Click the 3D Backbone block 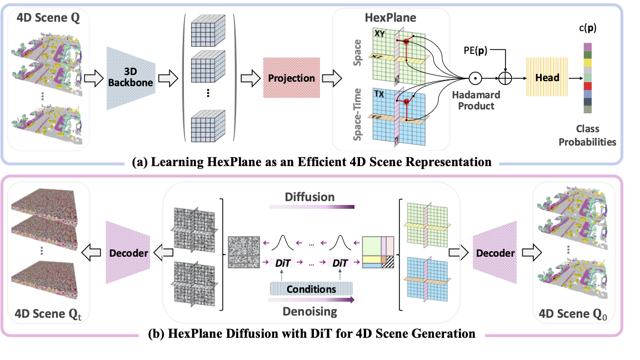(130, 78)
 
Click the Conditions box (311, 288)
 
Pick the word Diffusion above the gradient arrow (311, 197)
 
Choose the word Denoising (311, 311)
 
